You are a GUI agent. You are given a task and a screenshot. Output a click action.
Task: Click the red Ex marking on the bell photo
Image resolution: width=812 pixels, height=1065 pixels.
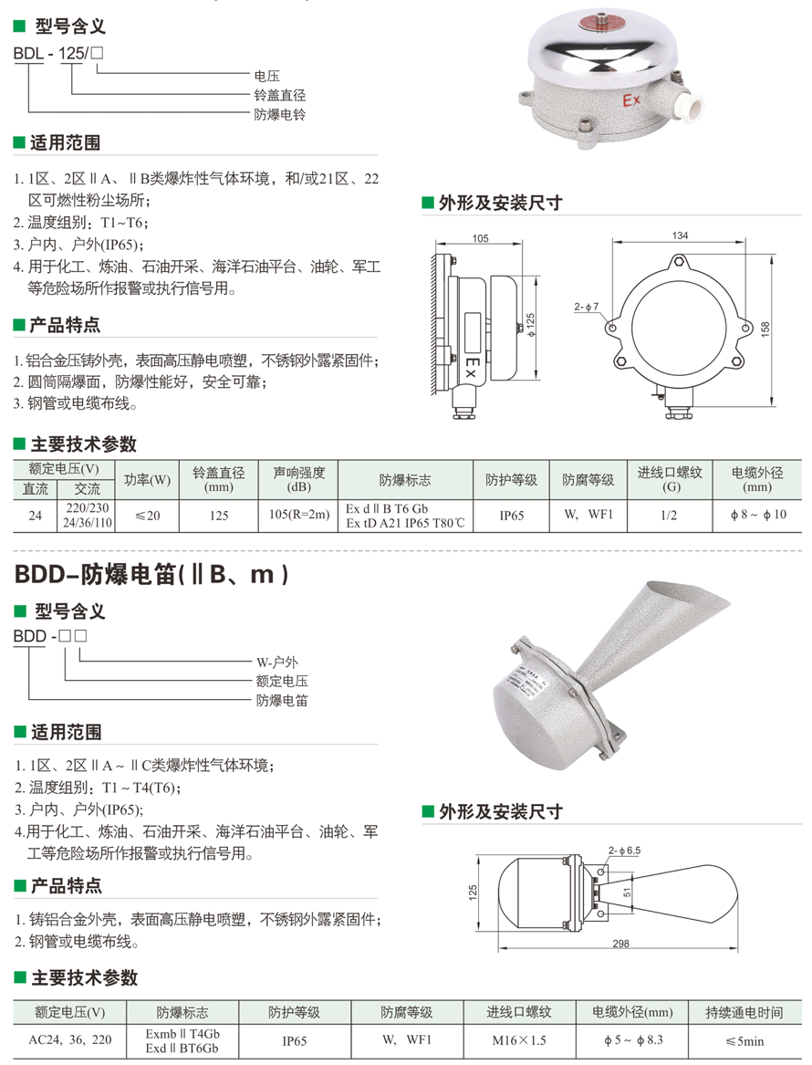(630, 100)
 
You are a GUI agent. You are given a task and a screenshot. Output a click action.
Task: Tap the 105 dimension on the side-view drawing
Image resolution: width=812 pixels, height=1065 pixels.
(480, 237)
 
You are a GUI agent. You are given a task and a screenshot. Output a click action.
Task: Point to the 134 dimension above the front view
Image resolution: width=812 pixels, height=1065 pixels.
(680, 235)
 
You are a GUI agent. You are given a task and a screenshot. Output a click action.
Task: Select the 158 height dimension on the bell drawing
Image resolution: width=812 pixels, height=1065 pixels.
(765, 329)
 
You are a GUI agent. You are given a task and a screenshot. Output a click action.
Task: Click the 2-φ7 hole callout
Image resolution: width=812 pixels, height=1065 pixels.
(586, 307)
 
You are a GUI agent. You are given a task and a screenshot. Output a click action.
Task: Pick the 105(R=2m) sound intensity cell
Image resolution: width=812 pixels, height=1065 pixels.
(298, 515)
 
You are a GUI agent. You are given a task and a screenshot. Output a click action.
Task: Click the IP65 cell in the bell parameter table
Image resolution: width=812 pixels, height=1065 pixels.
(511, 516)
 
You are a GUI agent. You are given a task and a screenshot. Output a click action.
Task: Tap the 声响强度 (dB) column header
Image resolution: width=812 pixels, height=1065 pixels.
(298, 479)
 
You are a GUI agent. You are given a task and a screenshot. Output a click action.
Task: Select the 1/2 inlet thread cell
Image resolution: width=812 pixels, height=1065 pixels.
(669, 515)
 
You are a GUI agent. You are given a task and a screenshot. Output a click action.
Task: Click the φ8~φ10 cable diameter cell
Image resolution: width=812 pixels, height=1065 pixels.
(757, 515)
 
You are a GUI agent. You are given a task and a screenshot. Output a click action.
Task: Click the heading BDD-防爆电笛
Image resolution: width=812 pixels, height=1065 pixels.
(151, 575)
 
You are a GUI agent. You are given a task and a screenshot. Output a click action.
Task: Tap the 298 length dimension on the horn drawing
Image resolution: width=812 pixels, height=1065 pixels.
(620, 944)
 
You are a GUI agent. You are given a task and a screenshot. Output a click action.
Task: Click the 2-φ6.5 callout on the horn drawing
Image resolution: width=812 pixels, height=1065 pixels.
(624, 851)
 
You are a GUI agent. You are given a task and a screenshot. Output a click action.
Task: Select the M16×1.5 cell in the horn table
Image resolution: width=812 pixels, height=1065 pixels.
(519, 1040)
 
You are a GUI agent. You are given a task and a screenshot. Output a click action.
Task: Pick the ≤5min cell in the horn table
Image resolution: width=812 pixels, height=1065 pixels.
(744, 1040)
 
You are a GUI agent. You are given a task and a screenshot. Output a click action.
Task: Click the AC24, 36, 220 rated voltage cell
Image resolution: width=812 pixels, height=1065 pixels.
(70, 1039)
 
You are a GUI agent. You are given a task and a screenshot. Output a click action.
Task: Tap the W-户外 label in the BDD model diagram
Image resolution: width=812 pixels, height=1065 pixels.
(277, 662)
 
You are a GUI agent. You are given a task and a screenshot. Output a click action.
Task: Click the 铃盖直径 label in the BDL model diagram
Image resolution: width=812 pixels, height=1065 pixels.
(280, 95)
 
